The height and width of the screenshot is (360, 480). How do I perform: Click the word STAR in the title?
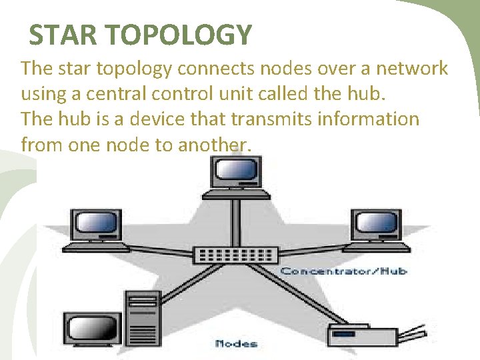57,35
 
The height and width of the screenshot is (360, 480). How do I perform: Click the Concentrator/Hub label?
343,271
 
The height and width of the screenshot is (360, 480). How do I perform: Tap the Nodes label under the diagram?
237,344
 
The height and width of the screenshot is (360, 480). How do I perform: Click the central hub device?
236,255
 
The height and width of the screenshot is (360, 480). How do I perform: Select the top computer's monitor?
236,172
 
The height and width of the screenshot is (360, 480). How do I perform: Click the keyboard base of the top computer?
236,194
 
